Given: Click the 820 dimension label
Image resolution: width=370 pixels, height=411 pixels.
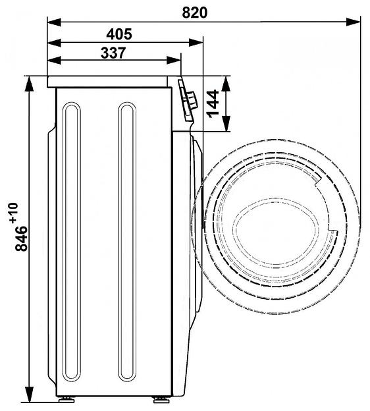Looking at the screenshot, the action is click(194, 13).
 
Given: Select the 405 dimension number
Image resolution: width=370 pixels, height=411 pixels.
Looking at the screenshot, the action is click(119, 34).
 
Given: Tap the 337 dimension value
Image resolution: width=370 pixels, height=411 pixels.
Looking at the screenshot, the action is click(113, 53).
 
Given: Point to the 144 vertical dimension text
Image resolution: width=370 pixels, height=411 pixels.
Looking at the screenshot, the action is click(213, 103).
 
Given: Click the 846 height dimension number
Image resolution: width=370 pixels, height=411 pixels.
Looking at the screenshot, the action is click(21, 238).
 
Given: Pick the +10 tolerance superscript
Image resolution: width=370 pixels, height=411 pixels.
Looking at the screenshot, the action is click(14, 213).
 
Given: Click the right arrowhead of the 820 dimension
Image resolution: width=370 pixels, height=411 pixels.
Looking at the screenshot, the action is click(354, 22).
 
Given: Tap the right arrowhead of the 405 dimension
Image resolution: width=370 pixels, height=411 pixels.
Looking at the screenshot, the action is click(196, 42).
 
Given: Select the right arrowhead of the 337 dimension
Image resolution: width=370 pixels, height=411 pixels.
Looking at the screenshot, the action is click(173, 60).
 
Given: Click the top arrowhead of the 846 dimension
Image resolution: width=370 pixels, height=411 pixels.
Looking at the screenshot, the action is click(30, 84).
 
